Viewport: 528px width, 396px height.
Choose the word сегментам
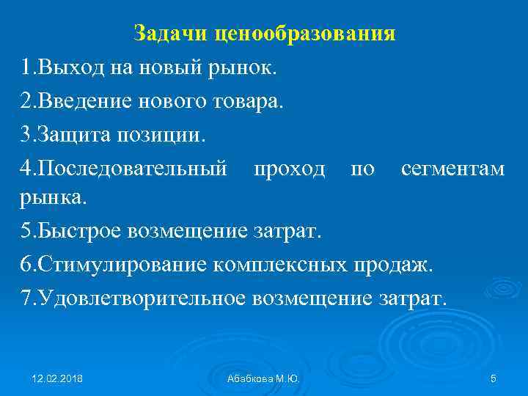[x=452, y=169]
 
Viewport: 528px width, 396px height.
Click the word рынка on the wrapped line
[x=54, y=197]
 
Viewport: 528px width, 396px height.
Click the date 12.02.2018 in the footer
[x=57, y=378]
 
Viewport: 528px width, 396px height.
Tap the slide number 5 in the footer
[x=493, y=378]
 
